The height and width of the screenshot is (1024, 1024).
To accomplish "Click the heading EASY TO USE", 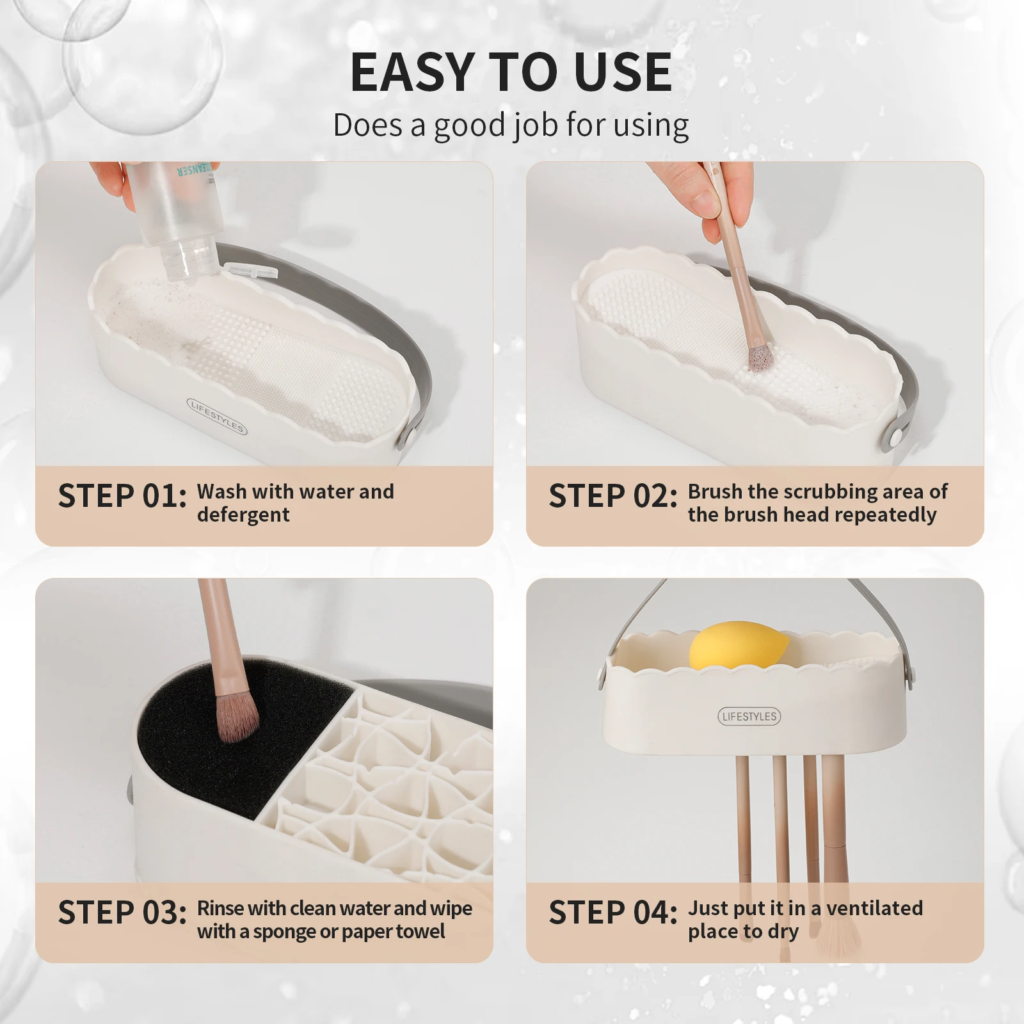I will point(511,72).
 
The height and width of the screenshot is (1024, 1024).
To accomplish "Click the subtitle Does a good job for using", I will point(511,125).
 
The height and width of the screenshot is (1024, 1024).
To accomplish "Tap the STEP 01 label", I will point(122,497).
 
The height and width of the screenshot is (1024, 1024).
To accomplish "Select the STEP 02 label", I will point(612,497).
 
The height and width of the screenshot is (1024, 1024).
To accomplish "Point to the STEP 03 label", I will point(122,913).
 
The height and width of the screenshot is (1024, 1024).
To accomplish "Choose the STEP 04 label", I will point(612,913).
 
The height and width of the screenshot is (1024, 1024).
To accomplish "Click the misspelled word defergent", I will point(243,515).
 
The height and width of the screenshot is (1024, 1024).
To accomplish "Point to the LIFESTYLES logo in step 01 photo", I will point(216,416).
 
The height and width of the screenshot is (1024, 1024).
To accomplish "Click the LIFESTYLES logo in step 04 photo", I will point(749,717).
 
